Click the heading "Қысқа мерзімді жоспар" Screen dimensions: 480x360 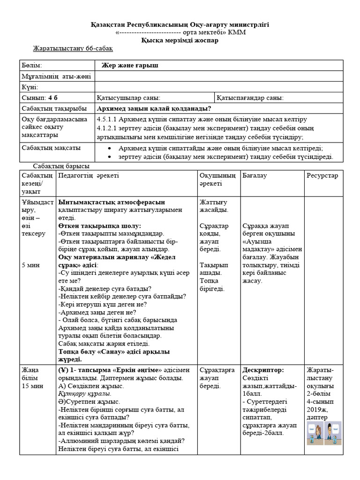(x=180, y=40)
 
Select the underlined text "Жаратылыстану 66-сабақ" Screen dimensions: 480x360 (x=73, y=49)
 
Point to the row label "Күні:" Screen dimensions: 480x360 (x=30, y=87)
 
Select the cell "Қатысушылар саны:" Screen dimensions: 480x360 (x=128, y=98)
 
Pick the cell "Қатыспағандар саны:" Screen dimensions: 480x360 (x=250, y=98)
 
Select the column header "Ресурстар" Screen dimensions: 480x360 (x=322, y=175)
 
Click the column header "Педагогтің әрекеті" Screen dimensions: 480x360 (x=89, y=175)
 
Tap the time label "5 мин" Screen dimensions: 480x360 (x=31, y=265)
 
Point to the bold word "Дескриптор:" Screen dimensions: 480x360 (x=263, y=370)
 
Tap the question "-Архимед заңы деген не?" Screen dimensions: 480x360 (x=97, y=312)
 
